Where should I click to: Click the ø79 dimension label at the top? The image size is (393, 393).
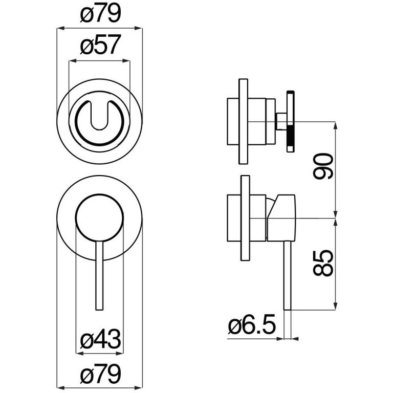tap(100, 14)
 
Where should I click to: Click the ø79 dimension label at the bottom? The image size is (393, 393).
tap(100, 374)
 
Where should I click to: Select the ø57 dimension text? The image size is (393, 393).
tap(100, 45)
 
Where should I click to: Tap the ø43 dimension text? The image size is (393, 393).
tap(100, 339)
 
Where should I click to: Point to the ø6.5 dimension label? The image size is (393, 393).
tap(252, 325)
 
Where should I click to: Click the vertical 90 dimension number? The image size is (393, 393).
tap(323, 166)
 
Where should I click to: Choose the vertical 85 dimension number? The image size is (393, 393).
tap(323, 263)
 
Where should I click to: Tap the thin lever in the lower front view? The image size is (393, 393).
tap(99, 276)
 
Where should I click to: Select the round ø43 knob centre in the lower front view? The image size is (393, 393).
tap(99, 218)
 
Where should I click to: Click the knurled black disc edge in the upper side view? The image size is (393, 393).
tap(291, 122)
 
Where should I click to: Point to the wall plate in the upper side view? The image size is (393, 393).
tap(244, 122)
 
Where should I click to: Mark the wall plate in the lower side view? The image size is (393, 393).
tap(245, 218)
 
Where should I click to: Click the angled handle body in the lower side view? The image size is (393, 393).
tap(281, 218)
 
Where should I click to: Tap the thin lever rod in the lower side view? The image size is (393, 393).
tap(287, 276)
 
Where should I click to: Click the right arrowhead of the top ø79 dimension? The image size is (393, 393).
tap(139, 28)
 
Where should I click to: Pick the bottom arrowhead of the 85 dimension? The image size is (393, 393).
tap(335, 307)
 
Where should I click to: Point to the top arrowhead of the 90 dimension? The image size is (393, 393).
tap(335, 125)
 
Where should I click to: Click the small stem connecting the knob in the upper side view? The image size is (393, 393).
tap(281, 122)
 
